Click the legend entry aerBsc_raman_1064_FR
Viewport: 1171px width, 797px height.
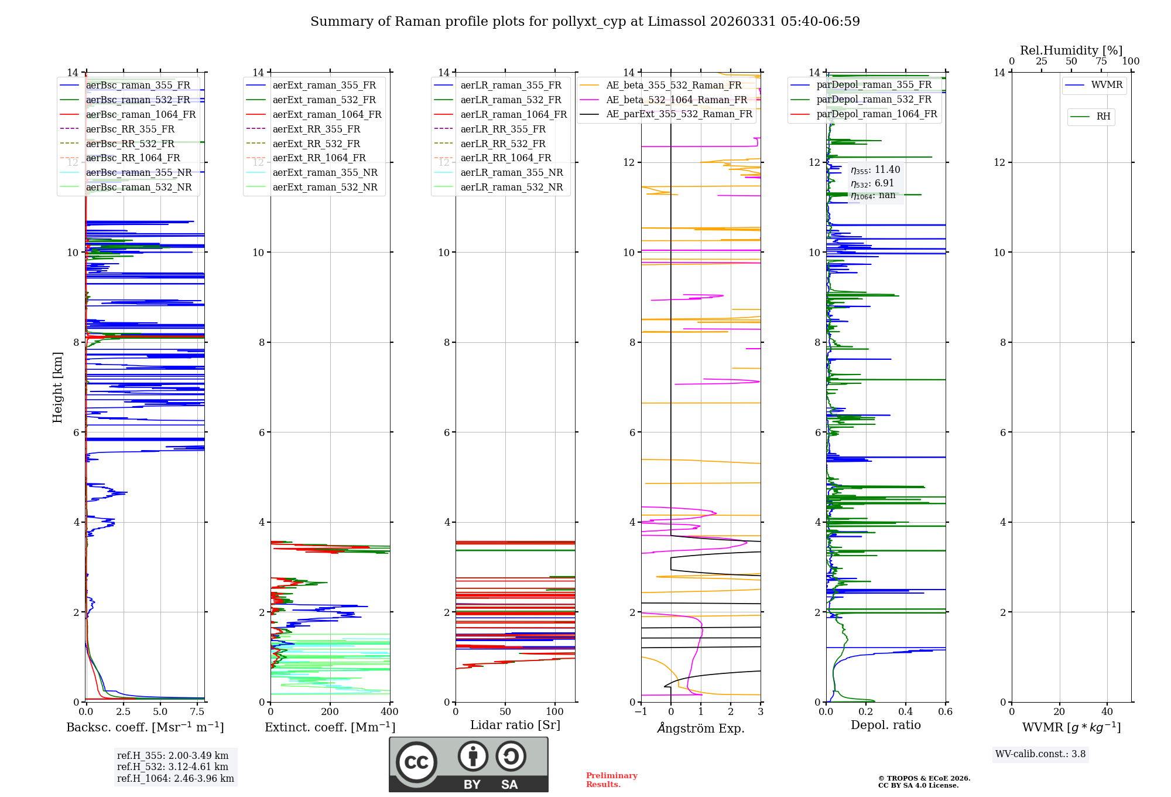click(141, 115)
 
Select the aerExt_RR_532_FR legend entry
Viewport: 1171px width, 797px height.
click(316, 144)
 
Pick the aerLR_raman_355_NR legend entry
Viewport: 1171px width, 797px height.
click(511, 173)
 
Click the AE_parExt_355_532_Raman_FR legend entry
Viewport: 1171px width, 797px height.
click(679, 114)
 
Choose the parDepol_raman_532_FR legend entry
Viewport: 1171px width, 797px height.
click(874, 100)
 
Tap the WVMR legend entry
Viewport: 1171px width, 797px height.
click(1106, 86)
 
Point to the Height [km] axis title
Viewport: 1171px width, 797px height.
click(57, 387)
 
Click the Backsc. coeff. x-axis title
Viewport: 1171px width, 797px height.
click(145, 727)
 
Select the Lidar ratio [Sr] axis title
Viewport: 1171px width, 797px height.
click(515, 726)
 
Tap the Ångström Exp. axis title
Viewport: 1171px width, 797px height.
click(701, 728)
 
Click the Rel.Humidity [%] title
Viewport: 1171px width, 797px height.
click(1071, 50)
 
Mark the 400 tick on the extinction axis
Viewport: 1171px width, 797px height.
click(390, 712)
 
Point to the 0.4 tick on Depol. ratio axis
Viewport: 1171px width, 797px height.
click(906, 712)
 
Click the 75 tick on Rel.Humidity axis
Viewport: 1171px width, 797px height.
click(1101, 62)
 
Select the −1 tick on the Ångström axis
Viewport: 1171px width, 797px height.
click(641, 712)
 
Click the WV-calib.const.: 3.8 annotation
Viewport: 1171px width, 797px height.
click(1040, 754)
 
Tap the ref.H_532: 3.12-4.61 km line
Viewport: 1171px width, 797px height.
click(173, 767)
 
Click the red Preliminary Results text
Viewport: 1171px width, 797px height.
click(611, 780)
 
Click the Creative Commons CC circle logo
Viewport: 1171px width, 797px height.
click(416, 762)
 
